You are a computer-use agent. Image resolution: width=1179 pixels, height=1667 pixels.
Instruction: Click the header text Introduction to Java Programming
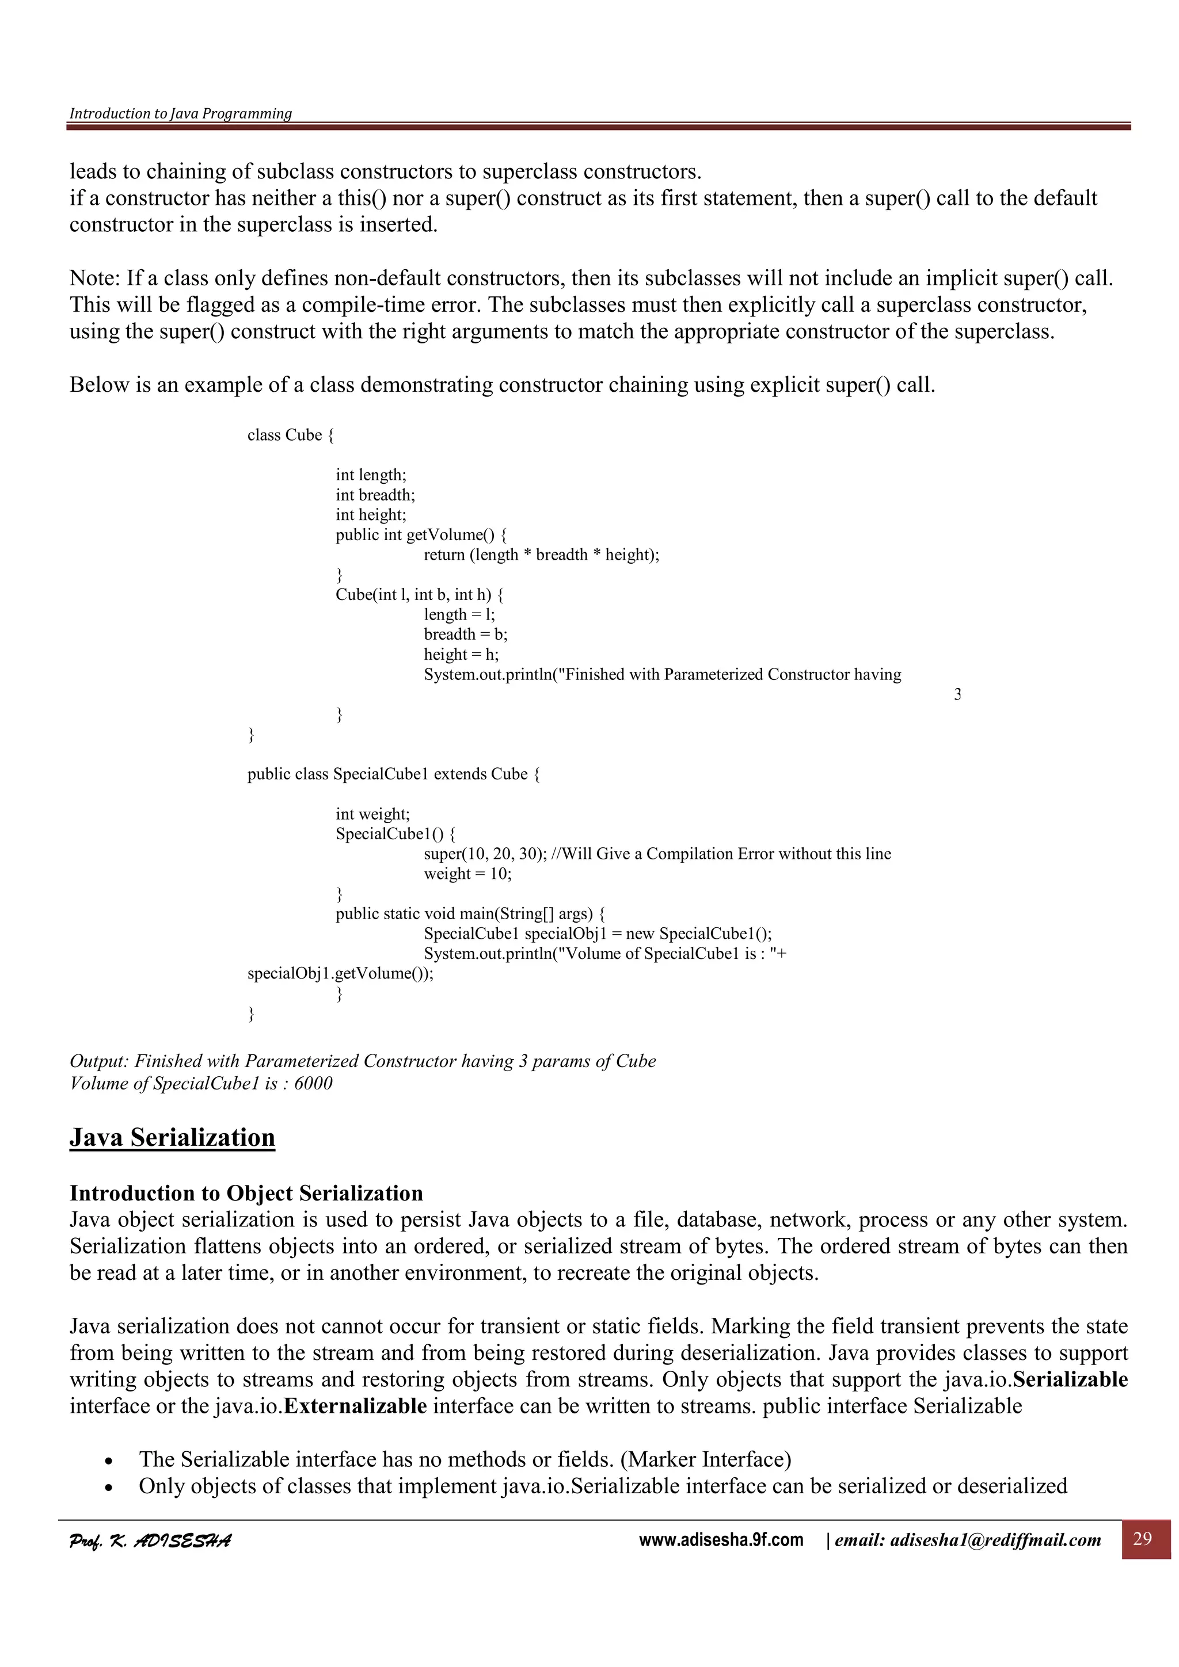pyautogui.click(x=180, y=113)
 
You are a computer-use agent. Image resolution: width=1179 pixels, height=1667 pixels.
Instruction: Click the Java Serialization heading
pyautogui.click(x=172, y=1137)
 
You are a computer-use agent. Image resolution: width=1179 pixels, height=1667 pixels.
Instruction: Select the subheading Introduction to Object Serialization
pyautogui.click(x=246, y=1193)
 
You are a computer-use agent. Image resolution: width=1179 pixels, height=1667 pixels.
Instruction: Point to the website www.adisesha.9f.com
pyautogui.click(x=721, y=1540)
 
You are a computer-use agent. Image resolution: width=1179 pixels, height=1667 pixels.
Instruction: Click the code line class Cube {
pyautogui.click(x=290, y=435)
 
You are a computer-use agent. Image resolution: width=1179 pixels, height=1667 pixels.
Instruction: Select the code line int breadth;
pyautogui.click(x=375, y=495)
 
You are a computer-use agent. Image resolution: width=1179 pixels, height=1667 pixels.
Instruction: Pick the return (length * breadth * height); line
pyautogui.click(x=541, y=555)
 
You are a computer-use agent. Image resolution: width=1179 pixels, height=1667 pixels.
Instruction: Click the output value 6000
pyautogui.click(x=313, y=1083)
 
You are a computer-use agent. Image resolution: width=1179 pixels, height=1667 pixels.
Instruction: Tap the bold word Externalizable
pyautogui.click(x=355, y=1406)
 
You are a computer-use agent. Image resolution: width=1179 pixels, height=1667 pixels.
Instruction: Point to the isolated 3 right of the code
pyautogui.click(x=957, y=695)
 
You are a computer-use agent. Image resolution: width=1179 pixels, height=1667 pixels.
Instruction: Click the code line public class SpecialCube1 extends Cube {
pyautogui.click(x=393, y=774)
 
